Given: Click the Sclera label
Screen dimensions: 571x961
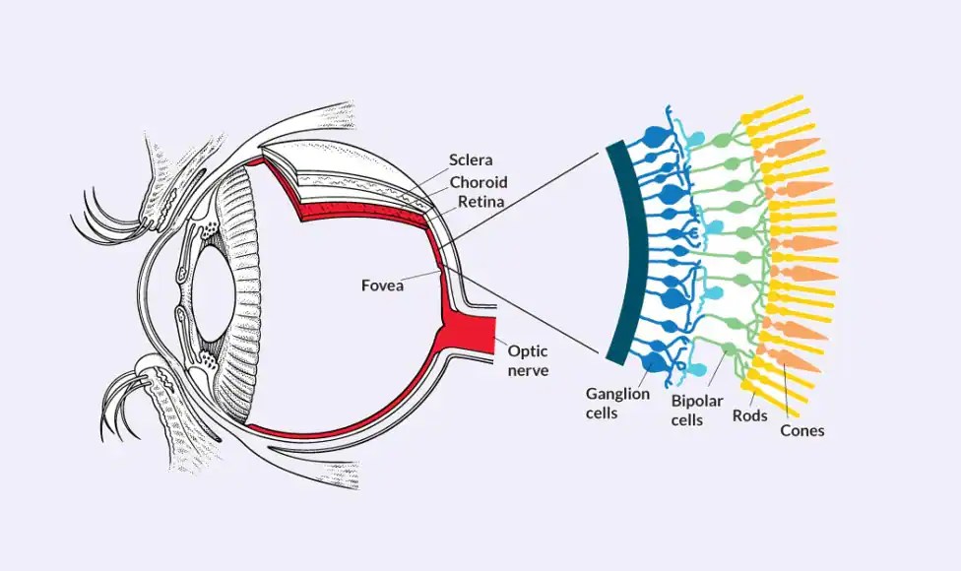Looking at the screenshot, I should [x=471, y=159].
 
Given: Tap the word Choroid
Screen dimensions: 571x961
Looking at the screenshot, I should [x=479, y=182].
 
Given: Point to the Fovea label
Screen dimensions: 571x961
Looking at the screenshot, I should [x=384, y=286].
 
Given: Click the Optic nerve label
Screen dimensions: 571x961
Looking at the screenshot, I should [x=528, y=360].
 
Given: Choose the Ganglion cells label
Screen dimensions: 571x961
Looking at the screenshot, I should [x=617, y=403].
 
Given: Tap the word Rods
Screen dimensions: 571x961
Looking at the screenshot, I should [x=749, y=416].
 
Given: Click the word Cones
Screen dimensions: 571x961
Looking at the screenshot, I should [x=801, y=430].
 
